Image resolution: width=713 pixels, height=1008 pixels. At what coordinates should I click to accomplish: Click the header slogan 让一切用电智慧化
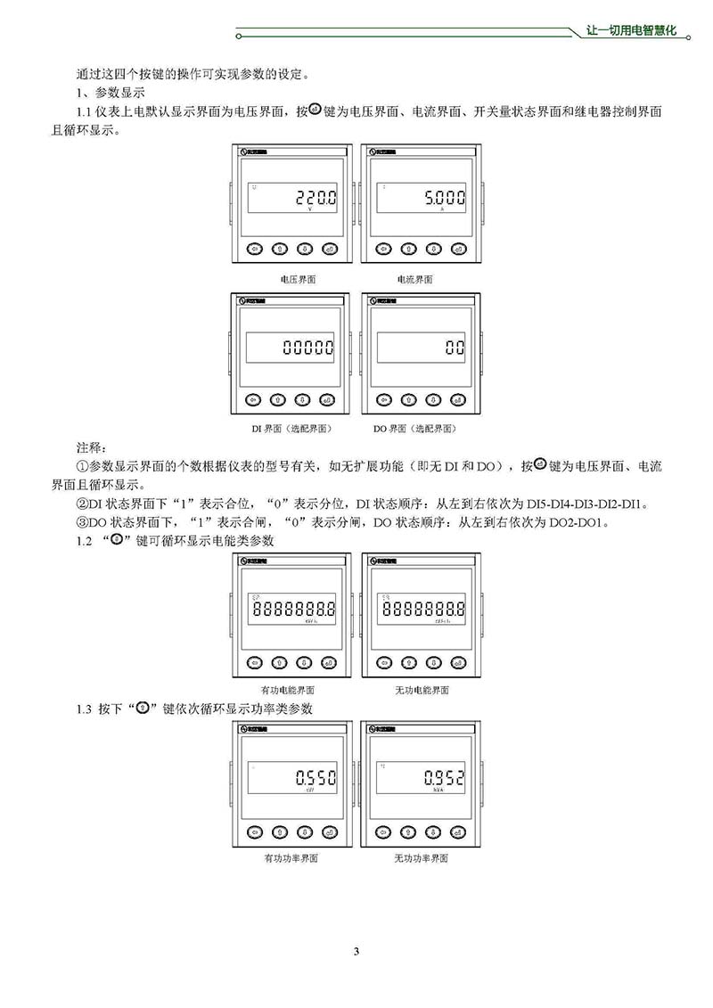click(633, 30)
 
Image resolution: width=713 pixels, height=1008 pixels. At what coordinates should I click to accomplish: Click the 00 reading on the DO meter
click(455, 348)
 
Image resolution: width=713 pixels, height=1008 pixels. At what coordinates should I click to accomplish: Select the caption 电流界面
click(415, 279)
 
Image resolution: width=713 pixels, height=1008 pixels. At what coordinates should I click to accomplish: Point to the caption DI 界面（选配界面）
click(291, 429)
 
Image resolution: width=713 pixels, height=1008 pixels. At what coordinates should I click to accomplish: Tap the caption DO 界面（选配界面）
click(415, 429)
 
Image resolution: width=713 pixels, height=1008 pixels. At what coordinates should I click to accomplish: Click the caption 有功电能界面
click(288, 690)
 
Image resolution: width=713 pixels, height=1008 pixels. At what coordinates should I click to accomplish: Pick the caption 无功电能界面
click(422, 690)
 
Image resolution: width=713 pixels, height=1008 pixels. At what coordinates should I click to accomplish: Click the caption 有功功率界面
click(291, 859)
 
